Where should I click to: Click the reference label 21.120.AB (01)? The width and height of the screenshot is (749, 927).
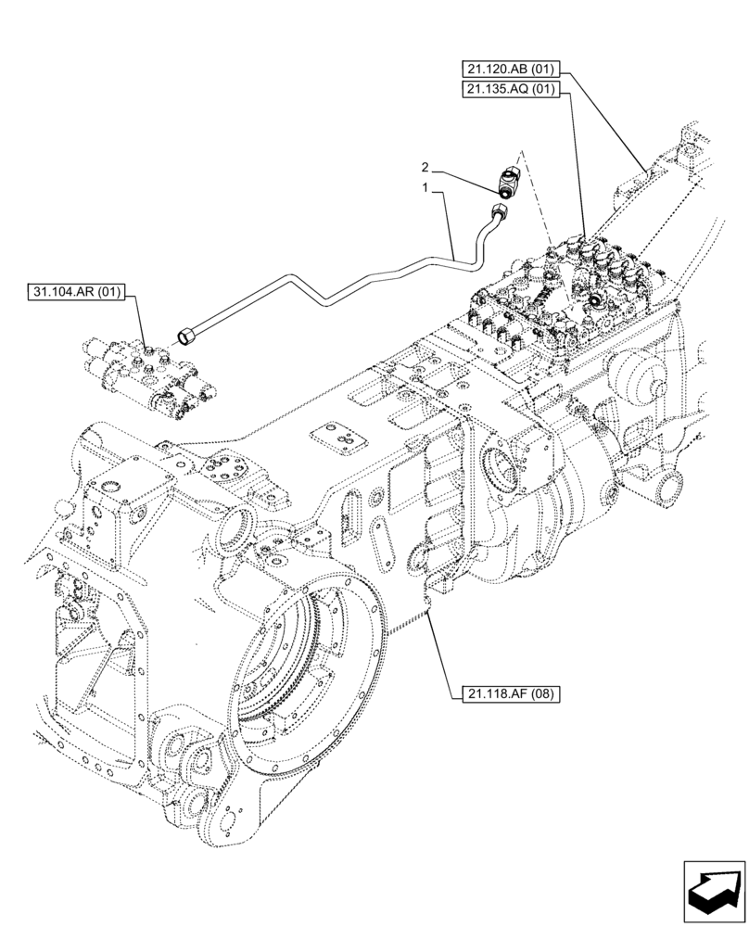[x=510, y=69]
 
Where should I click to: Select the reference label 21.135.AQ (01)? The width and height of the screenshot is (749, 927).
[x=510, y=90]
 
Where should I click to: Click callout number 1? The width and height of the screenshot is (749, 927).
[x=425, y=187]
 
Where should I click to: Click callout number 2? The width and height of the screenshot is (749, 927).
[x=425, y=168]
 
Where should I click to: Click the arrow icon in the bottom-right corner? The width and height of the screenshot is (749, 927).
[x=714, y=891]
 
